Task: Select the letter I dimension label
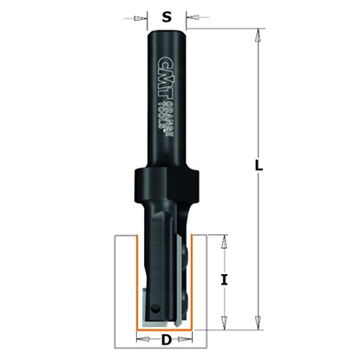(x=224, y=279)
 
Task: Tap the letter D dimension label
(x=166, y=340)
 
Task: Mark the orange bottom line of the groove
(x=166, y=330)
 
